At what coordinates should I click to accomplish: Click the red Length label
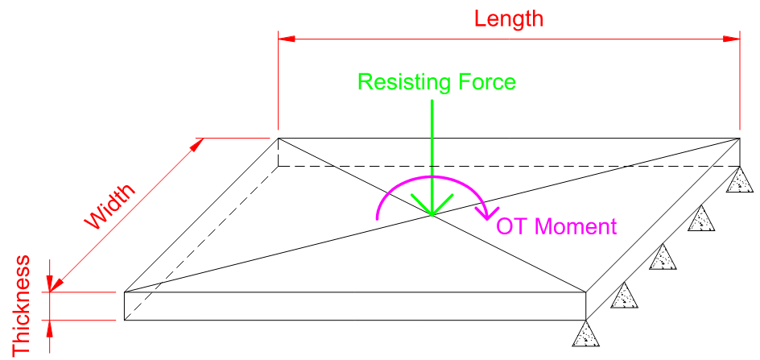509,18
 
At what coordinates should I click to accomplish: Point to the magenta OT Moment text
556,226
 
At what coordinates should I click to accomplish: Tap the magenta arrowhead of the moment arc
485,213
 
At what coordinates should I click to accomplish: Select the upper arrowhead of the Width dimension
197,144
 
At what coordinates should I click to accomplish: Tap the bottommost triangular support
585,334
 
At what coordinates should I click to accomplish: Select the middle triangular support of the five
662,258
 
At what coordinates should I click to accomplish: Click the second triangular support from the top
700,220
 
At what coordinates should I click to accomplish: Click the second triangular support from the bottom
624,296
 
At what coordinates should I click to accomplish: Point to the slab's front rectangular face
354,306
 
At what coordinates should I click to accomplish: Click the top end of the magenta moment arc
431,177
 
